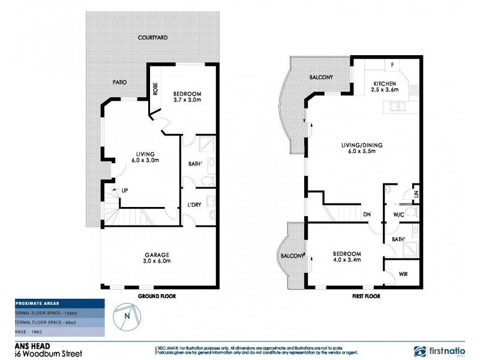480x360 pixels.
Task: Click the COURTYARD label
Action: (152, 37)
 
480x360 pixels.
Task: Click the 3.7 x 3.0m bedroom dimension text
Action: (187, 101)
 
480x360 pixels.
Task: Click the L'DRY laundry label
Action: (194, 205)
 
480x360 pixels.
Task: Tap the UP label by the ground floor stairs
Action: (124, 191)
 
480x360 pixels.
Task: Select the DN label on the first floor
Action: (366, 214)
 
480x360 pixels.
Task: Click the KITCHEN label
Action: (385, 83)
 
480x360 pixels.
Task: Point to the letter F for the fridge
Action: (392, 64)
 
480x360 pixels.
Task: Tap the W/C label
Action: (398, 214)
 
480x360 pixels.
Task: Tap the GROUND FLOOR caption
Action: (156, 296)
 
